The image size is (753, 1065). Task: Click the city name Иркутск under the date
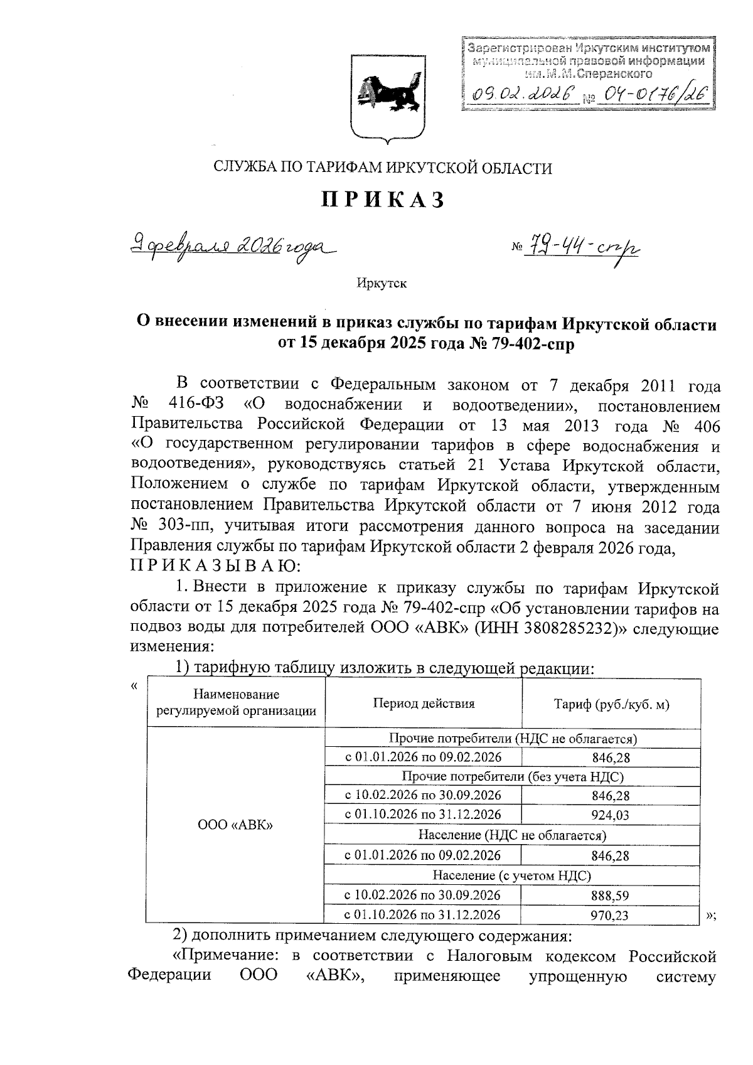point(382,284)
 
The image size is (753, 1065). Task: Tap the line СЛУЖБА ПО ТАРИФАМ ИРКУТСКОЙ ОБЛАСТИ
point(383,168)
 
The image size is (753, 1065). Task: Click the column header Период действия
point(424,704)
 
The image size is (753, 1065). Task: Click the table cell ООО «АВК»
point(235,825)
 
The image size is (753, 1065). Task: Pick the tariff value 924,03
point(610,815)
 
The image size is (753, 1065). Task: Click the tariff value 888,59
point(610,896)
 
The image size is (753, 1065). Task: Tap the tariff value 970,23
point(610,916)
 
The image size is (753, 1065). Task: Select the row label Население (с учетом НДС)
point(512,875)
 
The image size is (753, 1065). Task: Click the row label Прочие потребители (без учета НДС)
point(512,776)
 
